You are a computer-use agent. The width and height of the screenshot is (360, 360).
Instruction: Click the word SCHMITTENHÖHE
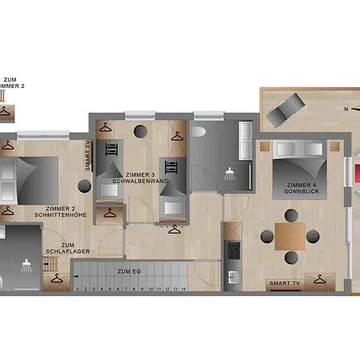[x=61, y=215]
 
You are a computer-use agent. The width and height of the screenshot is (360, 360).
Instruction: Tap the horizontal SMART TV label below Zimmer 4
[x=286, y=283]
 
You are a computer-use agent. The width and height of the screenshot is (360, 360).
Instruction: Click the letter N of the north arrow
[x=346, y=109]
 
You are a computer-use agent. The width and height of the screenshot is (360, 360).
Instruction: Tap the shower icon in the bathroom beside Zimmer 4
[x=230, y=172]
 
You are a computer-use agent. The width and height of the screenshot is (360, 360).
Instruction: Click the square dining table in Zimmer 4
[x=290, y=235]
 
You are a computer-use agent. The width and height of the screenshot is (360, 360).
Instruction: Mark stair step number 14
[x=184, y=288]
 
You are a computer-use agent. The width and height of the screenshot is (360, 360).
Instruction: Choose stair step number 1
[x=78, y=288]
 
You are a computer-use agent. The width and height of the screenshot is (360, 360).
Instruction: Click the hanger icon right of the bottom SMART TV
[x=320, y=279]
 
